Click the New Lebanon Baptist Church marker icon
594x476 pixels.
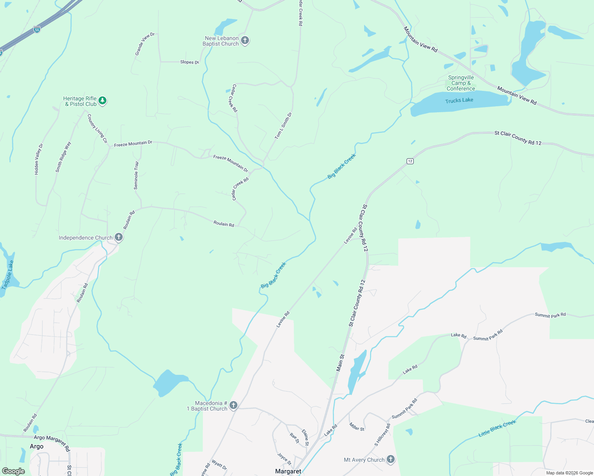tap(245, 40)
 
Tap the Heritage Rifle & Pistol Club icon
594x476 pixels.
tap(102, 101)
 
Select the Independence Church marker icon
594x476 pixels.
tap(118, 237)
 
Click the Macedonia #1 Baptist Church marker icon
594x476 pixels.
tap(233, 405)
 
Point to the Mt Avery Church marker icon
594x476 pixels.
tap(390, 459)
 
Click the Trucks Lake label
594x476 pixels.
tap(459, 100)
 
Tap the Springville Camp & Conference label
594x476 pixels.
tap(461, 83)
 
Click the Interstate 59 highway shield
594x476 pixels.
tap(37, 29)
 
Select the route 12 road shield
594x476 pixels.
tap(410, 161)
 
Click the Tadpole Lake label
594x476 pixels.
tap(8, 275)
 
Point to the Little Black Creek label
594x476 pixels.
tap(497, 428)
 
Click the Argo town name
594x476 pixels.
tap(37, 447)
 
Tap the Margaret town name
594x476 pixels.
tap(288, 471)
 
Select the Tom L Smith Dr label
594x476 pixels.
tap(283, 126)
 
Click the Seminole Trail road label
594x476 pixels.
tap(136, 175)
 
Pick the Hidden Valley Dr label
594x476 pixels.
tap(39, 159)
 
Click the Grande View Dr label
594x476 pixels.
tap(145, 44)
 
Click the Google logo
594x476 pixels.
tap(13, 471)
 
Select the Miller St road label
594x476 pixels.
tap(357, 426)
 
